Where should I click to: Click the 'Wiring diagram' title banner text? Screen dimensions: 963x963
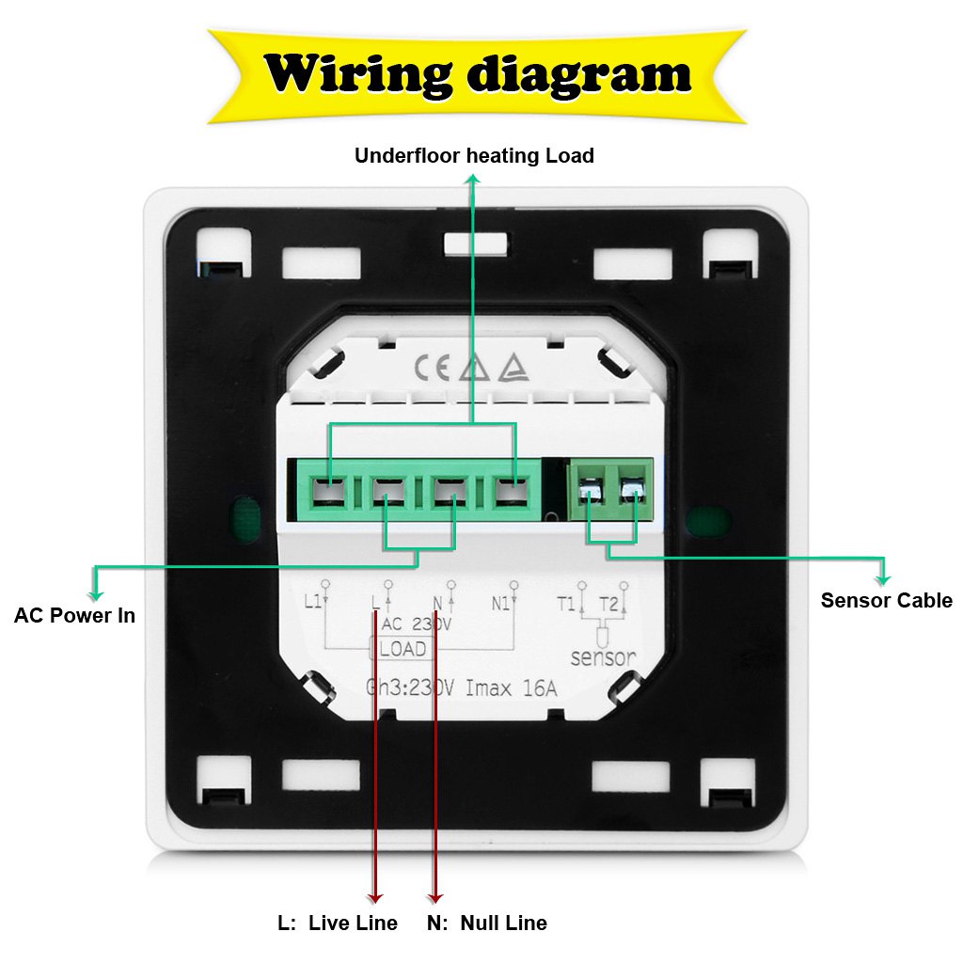pyautogui.click(x=478, y=74)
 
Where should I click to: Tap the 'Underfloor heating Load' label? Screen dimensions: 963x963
pyautogui.click(x=474, y=155)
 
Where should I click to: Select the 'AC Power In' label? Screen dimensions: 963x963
pyautogui.click(x=74, y=616)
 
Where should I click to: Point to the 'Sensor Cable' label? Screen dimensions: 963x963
pyautogui.click(x=886, y=600)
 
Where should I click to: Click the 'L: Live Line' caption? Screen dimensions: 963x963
pyautogui.click(x=338, y=923)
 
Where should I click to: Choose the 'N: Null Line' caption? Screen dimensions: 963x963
pyautogui.click(x=486, y=923)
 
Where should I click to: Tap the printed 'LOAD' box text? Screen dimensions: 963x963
pyautogui.click(x=403, y=649)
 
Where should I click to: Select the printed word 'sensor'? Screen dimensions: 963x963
pyautogui.click(x=603, y=657)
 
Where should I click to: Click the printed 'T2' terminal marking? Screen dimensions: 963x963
pyautogui.click(x=608, y=604)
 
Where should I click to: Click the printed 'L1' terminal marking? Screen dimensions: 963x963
pyautogui.click(x=314, y=603)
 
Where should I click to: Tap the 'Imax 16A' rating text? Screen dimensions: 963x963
pyautogui.click(x=513, y=689)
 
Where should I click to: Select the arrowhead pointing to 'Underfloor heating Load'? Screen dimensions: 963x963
pyautogui.click(x=473, y=179)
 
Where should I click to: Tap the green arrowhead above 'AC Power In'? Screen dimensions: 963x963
pyautogui.click(x=94, y=593)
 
